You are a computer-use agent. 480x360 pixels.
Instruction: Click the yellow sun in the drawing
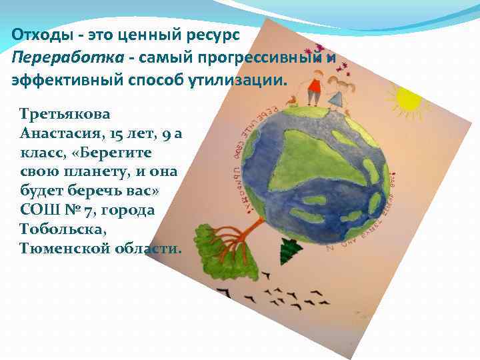[x=407, y=99]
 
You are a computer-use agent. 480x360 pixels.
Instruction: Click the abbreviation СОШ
[x=41, y=211]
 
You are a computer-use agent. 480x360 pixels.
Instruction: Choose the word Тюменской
[x=64, y=249]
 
